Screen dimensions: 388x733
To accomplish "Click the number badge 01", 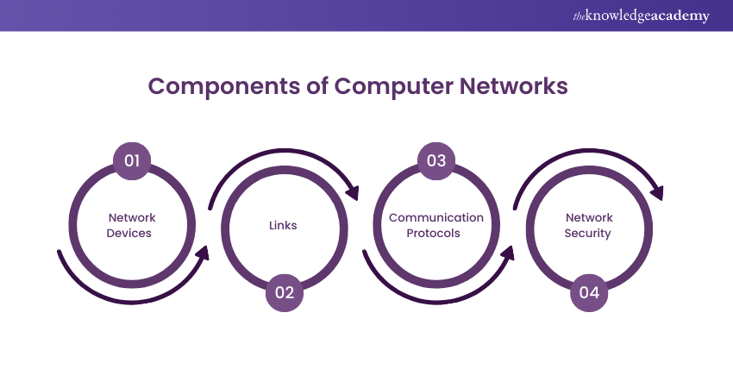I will click(x=132, y=160).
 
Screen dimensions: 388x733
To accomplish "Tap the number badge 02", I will click(x=285, y=292).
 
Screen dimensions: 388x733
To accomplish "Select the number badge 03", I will click(x=436, y=160).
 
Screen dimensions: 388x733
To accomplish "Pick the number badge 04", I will click(x=589, y=292).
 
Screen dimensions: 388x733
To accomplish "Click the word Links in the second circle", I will click(x=284, y=226).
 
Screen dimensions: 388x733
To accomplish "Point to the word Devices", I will click(x=132, y=234).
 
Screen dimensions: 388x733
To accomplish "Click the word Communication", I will click(x=436, y=218).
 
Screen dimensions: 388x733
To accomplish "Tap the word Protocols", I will click(x=436, y=234).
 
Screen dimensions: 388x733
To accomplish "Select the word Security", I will click(x=588, y=234).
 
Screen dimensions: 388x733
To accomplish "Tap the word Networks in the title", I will click(x=514, y=87).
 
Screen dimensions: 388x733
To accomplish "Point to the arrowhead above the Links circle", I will click(x=351, y=191).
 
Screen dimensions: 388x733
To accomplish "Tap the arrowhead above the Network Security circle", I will click(x=656, y=191).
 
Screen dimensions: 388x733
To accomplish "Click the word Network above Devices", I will click(x=132, y=218).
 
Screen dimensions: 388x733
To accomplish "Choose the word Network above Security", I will click(x=588, y=218).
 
